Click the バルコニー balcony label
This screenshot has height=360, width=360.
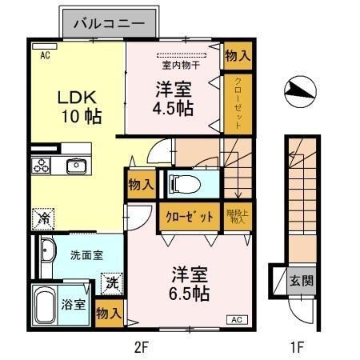[x=110, y=24]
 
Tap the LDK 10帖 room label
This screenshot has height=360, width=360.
[x=77, y=106]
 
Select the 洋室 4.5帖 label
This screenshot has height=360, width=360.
[x=173, y=98]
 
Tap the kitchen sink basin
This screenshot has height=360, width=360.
[x=77, y=166]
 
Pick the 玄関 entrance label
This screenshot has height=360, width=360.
[x=302, y=281]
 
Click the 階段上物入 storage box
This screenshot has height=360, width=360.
[x=237, y=216]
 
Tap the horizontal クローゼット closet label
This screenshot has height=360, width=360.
[x=190, y=217]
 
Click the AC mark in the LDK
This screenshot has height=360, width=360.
[x=44, y=54]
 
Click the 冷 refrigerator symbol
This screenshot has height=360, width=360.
[x=42, y=217]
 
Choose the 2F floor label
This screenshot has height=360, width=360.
[x=142, y=348]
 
